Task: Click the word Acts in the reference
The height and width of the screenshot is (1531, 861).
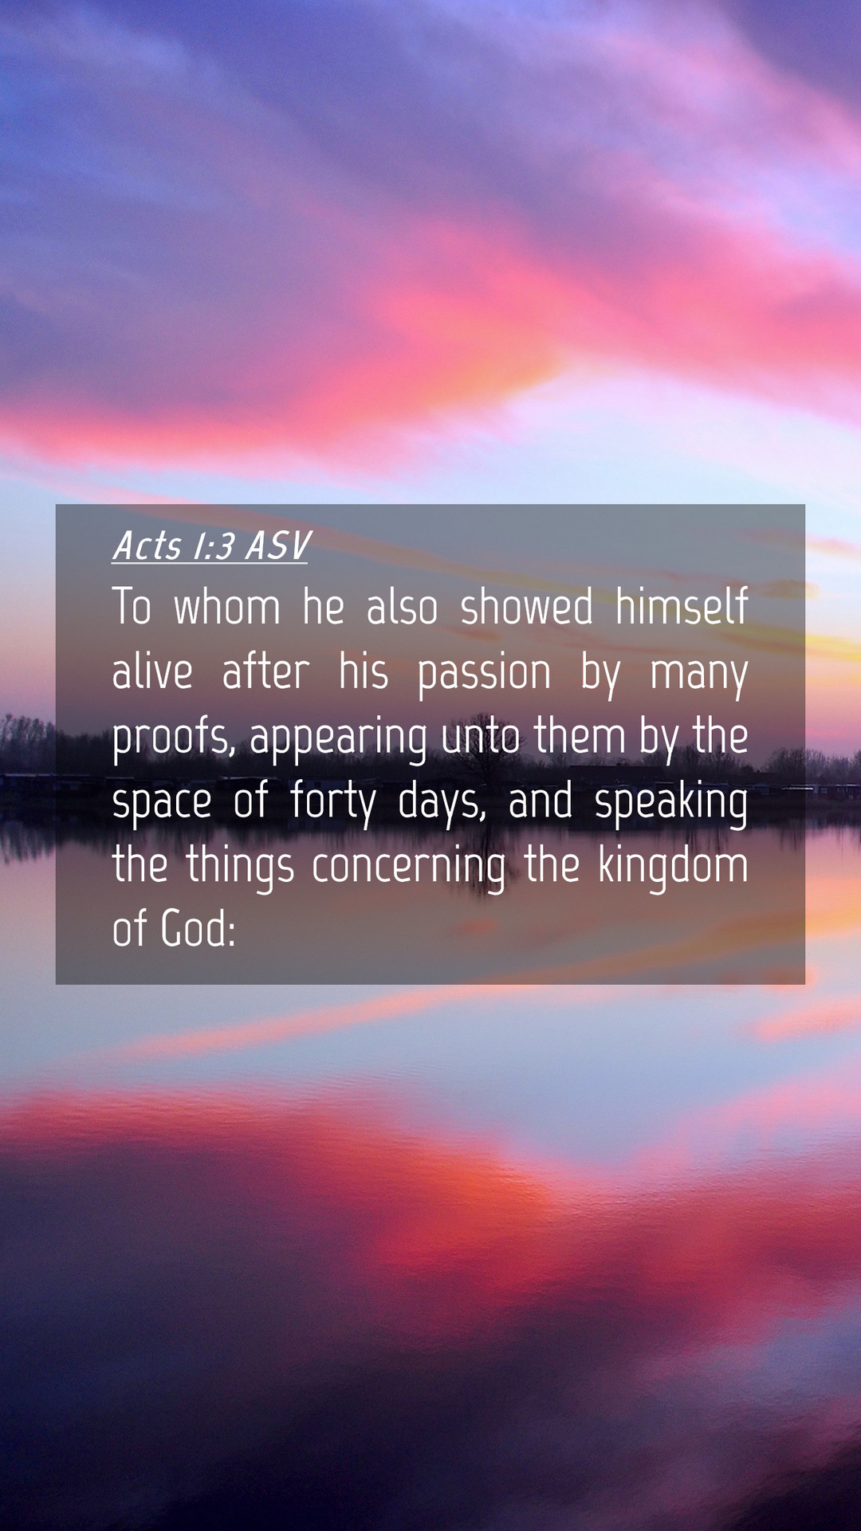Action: point(147,546)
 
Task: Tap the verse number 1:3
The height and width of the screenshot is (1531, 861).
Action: point(214,546)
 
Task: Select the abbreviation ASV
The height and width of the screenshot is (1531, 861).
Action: point(277,546)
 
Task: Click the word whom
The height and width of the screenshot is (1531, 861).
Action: point(227,607)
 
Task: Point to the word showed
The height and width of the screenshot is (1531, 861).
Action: point(527,607)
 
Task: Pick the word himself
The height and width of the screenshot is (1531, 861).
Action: point(682,607)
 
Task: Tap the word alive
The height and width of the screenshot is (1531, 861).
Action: point(152,671)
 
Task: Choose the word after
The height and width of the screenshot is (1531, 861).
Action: point(265,671)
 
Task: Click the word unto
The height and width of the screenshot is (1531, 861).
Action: point(481,738)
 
